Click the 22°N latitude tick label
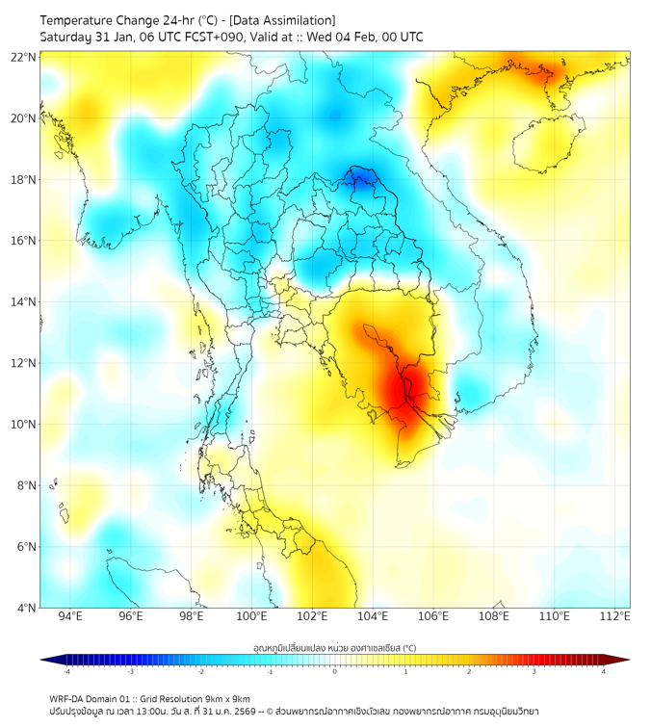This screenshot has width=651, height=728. coord(24,57)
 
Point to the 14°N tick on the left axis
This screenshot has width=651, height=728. coord(24,301)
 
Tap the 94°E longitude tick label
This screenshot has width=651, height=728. coord(70,616)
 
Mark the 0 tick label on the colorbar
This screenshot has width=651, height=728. coord(335,671)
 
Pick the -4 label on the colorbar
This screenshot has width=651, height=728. coord(65,671)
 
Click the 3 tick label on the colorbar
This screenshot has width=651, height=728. coord(534,671)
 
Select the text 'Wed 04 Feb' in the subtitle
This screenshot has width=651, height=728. coord(341,37)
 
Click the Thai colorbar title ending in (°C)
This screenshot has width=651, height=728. coord(334,648)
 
